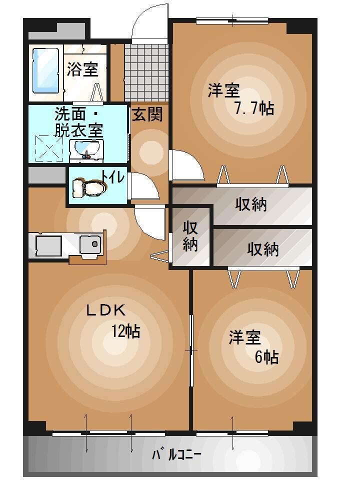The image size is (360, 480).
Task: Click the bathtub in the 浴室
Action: pyautogui.click(x=46, y=70)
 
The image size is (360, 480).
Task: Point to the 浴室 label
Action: pyautogui.click(x=82, y=69)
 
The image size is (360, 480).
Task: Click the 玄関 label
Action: pyautogui.click(x=147, y=114)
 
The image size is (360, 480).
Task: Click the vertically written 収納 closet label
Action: pyautogui.click(x=190, y=236)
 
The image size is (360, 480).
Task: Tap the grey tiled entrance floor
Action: pyautogui.click(x=147, y=72)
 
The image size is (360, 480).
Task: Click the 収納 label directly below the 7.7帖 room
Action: pyautogui.click(x=251, y=204)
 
